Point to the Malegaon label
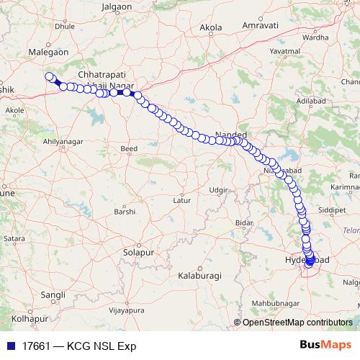[48, 53]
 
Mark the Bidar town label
[245, 224]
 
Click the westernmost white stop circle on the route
[49, 77]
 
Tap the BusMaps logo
[325, 345]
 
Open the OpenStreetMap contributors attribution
[300, 323]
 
